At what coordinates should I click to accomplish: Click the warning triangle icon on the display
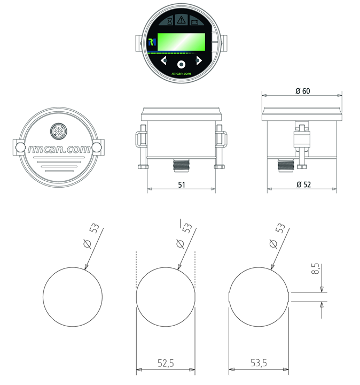pos(182,21)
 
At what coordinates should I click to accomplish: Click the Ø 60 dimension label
pos(302,91)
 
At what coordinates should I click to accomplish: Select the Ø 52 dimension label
pos(302,184)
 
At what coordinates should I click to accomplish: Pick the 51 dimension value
pos(181,184)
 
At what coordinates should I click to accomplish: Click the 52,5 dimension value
pos(166,363)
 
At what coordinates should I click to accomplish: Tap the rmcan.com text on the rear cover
pos(59,150)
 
